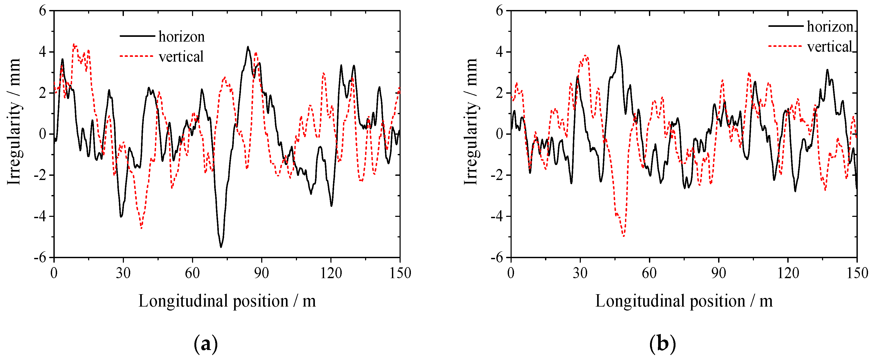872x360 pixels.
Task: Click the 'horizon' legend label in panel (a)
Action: click(x=182, y=37)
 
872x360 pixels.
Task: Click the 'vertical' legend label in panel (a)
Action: click(x=181, y=57)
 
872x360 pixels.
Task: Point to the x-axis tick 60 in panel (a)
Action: click(x=192, y=273)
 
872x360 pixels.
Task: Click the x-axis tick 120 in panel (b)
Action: click(x=788, y=273)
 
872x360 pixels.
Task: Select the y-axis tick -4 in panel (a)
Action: click(x=40, y=216)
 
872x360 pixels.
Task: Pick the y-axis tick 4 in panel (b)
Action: click(x=499, y=52)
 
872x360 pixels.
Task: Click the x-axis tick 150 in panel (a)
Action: click(x=400, y=273)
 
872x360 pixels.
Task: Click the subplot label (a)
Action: click(x=205, y=344)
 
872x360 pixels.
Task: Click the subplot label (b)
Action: click(x=662, y=344)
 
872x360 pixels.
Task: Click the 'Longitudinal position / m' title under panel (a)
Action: click(x=227, y=301)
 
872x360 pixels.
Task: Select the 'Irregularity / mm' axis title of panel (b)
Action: click(x=471, y=122)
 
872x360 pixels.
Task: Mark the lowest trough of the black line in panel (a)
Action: click(x=221, y=247)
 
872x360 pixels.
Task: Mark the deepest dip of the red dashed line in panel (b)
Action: click(x=623, y=236)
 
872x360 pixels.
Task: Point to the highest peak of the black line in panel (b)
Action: click(x=618, y=45)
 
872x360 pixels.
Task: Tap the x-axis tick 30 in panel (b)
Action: click(x=580, y=273)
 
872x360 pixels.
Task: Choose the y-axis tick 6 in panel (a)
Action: click(x=43, y=11)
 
